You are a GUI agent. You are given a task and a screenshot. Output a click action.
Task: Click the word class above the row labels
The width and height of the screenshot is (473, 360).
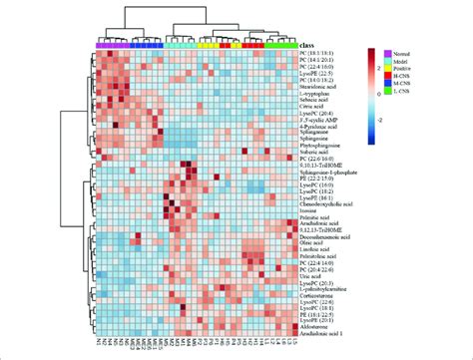pos(311,45)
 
